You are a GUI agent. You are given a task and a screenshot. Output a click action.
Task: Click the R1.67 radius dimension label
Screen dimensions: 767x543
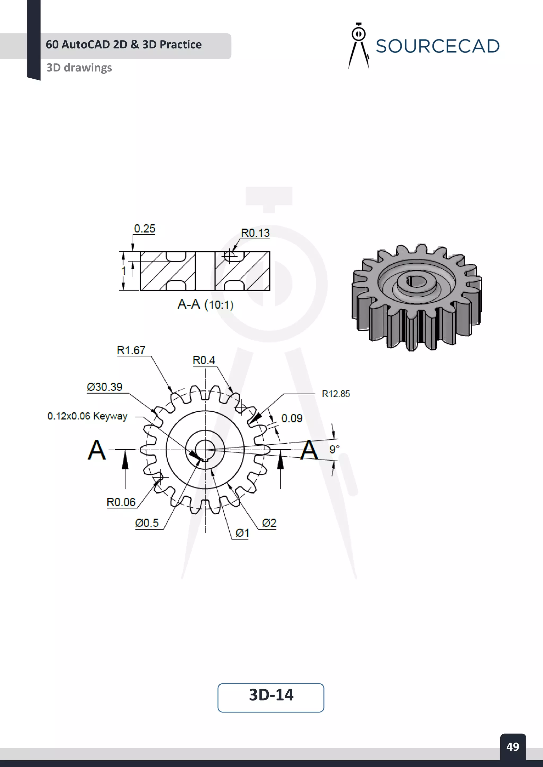[131, 350]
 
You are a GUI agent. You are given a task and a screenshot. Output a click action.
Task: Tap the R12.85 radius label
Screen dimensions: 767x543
[336, 394]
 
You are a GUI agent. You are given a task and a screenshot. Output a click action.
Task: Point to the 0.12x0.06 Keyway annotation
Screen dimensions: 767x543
[87, 416]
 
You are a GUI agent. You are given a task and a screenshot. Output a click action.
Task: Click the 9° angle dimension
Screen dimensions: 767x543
[334, 449]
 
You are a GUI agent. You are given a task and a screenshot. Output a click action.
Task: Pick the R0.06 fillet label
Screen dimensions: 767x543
[121, 502]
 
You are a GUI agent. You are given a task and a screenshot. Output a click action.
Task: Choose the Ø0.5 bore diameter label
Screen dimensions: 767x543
[147, 523]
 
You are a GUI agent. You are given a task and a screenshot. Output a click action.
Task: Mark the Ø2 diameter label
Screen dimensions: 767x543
[269, 523]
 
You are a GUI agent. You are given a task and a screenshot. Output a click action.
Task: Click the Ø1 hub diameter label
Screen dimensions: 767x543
[242, 533]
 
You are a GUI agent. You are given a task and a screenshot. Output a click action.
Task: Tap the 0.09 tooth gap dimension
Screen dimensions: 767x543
[292, 418]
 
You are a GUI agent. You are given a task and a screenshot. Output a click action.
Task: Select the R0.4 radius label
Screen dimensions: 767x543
[204, 360]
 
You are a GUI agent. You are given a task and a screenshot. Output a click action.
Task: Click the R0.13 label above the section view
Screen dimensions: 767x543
[255, 233]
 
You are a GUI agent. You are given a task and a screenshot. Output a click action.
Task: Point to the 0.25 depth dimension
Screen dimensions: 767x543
[144, 229]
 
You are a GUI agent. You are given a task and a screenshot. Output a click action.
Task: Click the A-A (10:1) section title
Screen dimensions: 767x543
[205, 304]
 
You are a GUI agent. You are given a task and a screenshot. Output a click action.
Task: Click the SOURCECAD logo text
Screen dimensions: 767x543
[437, 46]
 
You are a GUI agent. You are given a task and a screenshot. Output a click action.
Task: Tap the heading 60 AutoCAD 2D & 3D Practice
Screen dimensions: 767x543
[124, 44]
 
